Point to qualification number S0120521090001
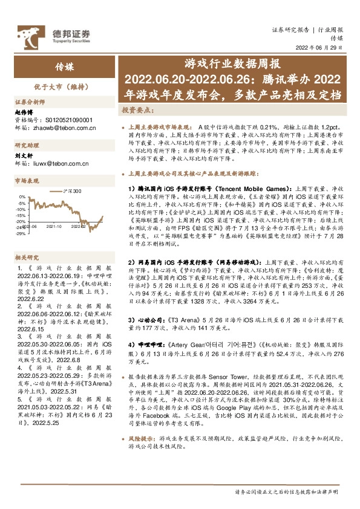[x=59, y=120]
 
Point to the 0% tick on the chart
[x=22, y=197]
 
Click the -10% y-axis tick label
[x=21, y=209]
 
